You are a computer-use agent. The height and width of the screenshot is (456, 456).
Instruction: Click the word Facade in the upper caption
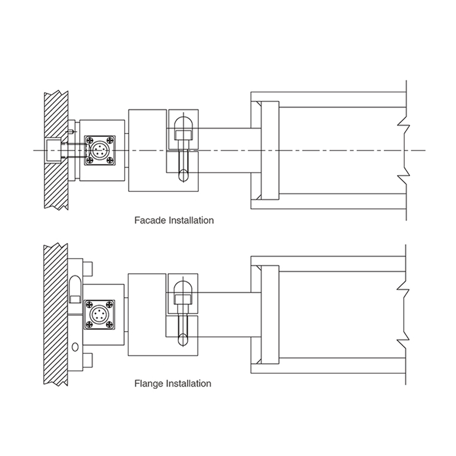coord(150,220)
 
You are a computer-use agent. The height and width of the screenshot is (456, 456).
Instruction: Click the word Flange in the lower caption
coord(149,383)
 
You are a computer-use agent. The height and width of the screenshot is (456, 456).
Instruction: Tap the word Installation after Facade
coord(191,220)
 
